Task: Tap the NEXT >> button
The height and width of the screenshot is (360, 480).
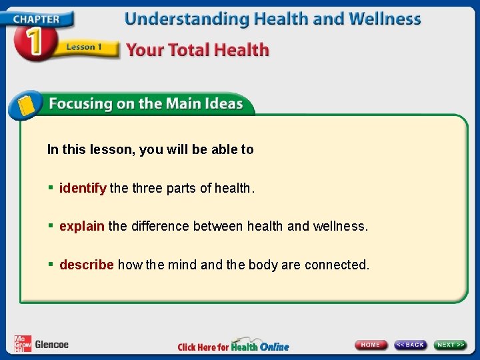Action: [x=451, y=345]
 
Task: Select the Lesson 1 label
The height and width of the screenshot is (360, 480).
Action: [x=83, y=47]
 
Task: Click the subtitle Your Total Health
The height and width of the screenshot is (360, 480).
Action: [x=197, y=50]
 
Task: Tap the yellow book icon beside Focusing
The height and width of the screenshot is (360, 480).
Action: [x=26, y=105]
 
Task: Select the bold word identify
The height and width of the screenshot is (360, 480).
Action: [x=83, y=189]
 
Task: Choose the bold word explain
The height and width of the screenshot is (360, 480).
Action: [x=82, y=227]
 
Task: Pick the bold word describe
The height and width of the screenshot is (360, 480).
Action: [x=87, y=265]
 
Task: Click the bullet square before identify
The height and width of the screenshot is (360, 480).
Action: [x=51, y=189]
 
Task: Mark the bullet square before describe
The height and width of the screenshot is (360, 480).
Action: [x=51, y=265]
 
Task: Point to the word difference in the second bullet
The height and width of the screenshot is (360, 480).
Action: [x=159, y=227]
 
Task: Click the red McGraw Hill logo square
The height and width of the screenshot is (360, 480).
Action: [x=23, y=343]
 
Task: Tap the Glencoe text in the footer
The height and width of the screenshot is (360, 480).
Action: [x=51, y=345]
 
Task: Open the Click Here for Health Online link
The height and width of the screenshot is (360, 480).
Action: [x=233, y=346]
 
